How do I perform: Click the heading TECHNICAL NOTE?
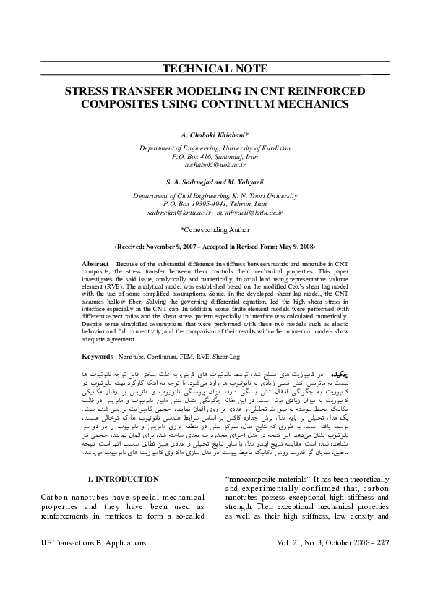tap(215, 70)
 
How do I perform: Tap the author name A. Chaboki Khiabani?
tap(215, 135)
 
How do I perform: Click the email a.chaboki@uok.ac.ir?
tap(215, 165)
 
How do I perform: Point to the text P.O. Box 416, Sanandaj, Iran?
tap(215, 156)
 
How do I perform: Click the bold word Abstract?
tap(95, 264)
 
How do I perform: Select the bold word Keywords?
tap(98, 357)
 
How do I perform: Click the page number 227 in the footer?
tap(383, 542)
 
